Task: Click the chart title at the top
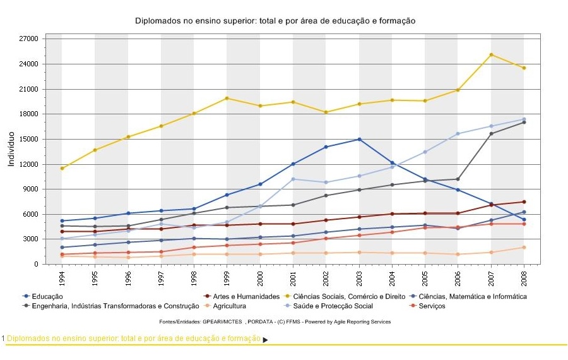pos(275,21)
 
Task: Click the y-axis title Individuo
pos(11,150)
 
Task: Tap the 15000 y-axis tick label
pos(30,139)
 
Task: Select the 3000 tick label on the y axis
pos(32,239)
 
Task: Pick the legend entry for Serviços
pos(431,306)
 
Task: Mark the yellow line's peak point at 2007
pos(491,55)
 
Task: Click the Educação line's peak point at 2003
pos(359,139)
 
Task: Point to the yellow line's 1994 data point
pos(62,168)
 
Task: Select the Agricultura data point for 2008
pos(524,248)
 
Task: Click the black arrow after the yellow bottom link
pos(265,340)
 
